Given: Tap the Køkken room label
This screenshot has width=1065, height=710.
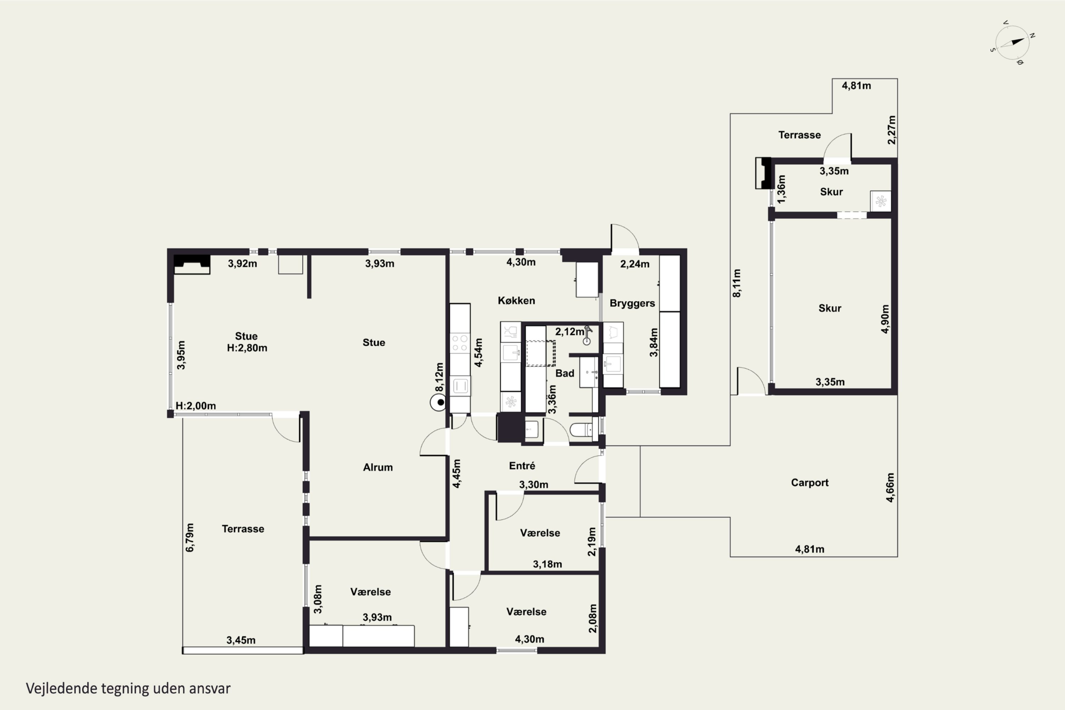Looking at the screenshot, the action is click(516, 301).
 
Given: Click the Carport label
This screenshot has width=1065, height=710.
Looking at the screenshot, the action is click(810, 483).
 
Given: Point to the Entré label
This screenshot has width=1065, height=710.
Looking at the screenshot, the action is click(522, 465).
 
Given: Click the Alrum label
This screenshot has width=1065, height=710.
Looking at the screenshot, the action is click(378, 467).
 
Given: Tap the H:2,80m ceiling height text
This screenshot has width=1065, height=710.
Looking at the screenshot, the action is click(247, 348).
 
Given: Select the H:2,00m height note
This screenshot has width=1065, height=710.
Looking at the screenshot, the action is click(196, 406).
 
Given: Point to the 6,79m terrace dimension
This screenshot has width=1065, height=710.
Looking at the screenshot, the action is click(190, 537).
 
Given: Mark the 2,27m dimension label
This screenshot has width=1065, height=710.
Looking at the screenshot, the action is click(891, 130).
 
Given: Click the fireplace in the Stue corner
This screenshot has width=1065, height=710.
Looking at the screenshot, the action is click(192, 264).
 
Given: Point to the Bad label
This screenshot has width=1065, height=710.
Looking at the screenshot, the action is click(565, 373).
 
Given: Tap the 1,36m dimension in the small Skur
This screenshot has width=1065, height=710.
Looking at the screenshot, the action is click(781, 189).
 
